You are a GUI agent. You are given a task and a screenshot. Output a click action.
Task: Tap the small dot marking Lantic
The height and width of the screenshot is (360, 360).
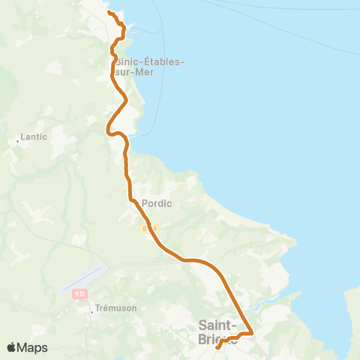coord(18,139)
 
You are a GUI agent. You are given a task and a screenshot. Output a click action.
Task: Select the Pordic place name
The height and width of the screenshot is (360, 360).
coord(156,202)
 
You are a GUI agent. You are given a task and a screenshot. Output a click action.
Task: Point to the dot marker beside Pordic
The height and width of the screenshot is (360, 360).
coord(135,201)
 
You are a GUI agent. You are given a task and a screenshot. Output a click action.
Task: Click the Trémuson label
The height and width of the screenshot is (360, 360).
coord(115,309)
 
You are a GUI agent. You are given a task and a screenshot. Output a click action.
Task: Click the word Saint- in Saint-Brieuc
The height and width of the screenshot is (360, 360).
coord(217,325)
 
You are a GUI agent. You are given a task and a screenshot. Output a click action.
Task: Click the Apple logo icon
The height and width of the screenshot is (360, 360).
coord(11,347)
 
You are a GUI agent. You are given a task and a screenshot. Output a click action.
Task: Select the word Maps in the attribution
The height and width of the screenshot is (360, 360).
coord(33,347)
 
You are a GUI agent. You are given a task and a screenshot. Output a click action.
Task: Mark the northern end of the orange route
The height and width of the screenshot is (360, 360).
coord(109,13)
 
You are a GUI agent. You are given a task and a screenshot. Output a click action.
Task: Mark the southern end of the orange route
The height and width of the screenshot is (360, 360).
coord(217,347)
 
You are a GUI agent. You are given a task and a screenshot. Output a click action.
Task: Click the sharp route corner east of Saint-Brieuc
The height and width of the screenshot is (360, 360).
coord(252,332)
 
